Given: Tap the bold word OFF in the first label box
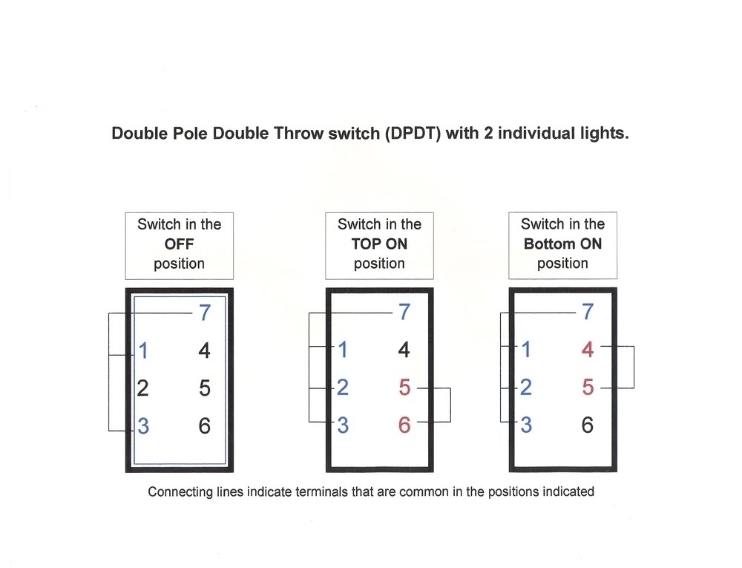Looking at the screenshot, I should coord(179,244).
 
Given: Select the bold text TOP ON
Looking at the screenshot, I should coord(379,244).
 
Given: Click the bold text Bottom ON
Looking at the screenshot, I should coord(562,244).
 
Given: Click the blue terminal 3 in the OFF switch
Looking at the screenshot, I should coord(143,426).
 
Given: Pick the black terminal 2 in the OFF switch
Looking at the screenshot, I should coord(143,388).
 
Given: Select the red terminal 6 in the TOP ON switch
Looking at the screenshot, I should coord(404,426).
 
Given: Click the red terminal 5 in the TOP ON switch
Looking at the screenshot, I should coord(404,388).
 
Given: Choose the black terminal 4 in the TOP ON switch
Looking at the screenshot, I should coord(404,350).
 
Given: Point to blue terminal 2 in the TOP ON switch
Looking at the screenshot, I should coord(342,388).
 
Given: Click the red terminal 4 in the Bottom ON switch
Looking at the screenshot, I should coord(588,350).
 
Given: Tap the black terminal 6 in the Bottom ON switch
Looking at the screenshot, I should coord(588,426).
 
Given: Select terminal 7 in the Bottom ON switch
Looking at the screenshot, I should coord(588,313).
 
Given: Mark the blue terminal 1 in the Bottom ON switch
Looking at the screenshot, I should coord(526,350).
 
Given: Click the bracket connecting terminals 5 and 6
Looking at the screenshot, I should coord(450,405).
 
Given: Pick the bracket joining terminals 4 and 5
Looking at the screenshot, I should coord(634,368).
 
